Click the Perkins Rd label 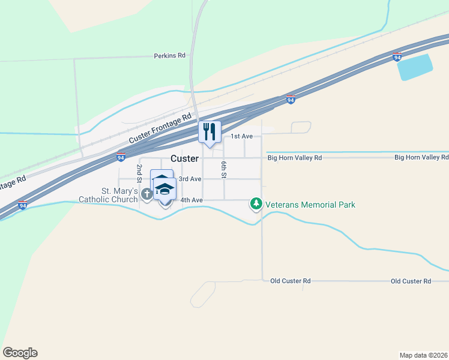[x=169, y=55]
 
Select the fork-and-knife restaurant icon [x=209, y=131]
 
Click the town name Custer [x=184, y=158]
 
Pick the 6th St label [x=223, y=169]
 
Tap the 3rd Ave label [x=190, y=179]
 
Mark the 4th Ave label [x=191, y=200]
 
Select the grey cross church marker [x=147, y=194]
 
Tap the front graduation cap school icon [x=165, y=190]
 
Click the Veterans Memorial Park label [x=311, y=205]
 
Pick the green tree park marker [x=256, y=205]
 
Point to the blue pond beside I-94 [x=415, y=67]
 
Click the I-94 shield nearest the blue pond [x=397, y=57]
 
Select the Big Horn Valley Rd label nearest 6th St [x=295, y=157]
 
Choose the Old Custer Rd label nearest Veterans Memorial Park [x=291, y=281]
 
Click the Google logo [x=20, y=353]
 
